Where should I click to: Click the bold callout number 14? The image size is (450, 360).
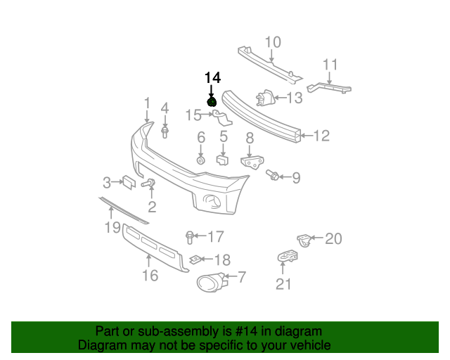212,78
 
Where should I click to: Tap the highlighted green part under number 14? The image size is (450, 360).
212,102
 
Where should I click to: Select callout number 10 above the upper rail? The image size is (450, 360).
273,42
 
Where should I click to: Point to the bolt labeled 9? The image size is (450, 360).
272,175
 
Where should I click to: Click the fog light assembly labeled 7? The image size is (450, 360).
212,282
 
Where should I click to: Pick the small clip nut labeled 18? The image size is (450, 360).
195,260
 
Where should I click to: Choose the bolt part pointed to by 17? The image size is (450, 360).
189,238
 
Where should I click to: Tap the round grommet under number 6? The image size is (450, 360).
201,160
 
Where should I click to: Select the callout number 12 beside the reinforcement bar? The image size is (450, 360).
321,136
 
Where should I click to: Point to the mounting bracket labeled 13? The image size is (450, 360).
266,98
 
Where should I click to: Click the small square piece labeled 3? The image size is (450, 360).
129,182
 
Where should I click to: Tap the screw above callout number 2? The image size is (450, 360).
148,183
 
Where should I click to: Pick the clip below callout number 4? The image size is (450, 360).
165,132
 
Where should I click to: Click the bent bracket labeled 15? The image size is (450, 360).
222,117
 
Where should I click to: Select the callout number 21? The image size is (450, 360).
283,284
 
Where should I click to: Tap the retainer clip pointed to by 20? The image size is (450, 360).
304,240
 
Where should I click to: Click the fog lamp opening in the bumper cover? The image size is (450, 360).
212,200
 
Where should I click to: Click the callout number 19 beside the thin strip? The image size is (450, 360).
112,227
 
